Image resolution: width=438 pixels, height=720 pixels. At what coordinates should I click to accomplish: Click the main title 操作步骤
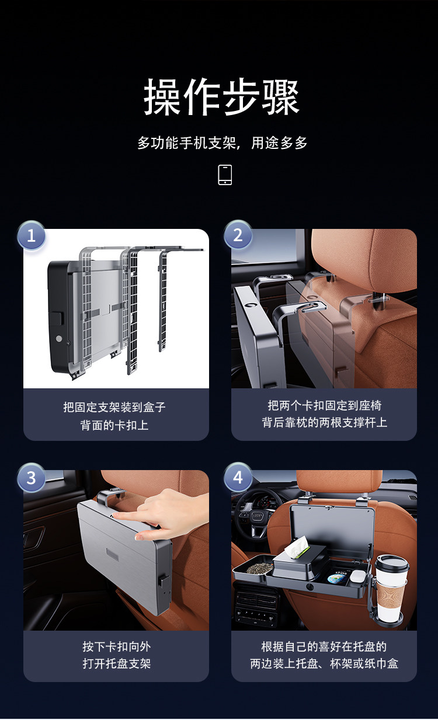(x=221, y=97)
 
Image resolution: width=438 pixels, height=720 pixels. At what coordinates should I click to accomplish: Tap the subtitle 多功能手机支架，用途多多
(x=222, y=143)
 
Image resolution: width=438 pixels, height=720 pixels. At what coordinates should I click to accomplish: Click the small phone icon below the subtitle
(x=225, y=175)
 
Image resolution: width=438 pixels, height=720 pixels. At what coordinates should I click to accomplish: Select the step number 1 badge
(x=32, y=236)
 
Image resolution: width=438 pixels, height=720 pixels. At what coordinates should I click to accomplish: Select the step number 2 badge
(x=238, y=235)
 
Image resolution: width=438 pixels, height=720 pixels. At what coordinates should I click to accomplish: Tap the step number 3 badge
(x=32, y=478)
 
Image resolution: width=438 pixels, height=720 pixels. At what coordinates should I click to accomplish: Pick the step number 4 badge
(x=238, y=478)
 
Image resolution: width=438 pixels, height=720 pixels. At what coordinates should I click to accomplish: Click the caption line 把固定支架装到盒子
(x=115, y=407)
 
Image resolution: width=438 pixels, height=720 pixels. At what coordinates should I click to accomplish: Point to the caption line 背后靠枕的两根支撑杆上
(x=324, y=422)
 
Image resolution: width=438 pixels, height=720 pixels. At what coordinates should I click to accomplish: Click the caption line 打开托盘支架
(x=116, y=664)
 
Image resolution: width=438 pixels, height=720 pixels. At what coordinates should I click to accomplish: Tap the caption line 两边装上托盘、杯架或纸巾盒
(x=324, y=664)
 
